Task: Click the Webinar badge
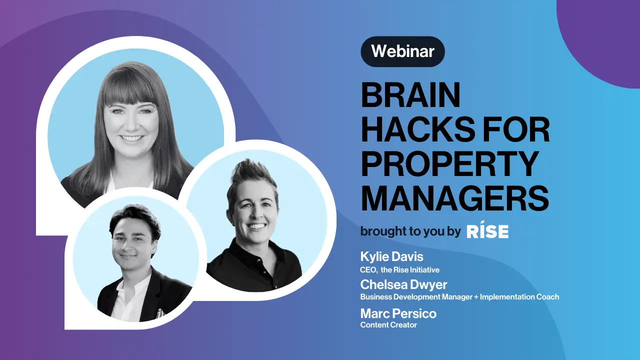point(402,51)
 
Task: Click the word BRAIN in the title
point(411,95)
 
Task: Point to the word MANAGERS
point(455,197)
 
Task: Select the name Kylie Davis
point(391,256)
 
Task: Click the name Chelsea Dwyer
point(403,284)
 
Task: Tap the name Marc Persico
point(398,313)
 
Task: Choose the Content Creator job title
point(388,325)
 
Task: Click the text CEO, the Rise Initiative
point(399,269)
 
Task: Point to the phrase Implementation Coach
point(519,297)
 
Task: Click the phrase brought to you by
point(410,231)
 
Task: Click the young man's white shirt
point(128,300)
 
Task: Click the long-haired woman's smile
point(130,138)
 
